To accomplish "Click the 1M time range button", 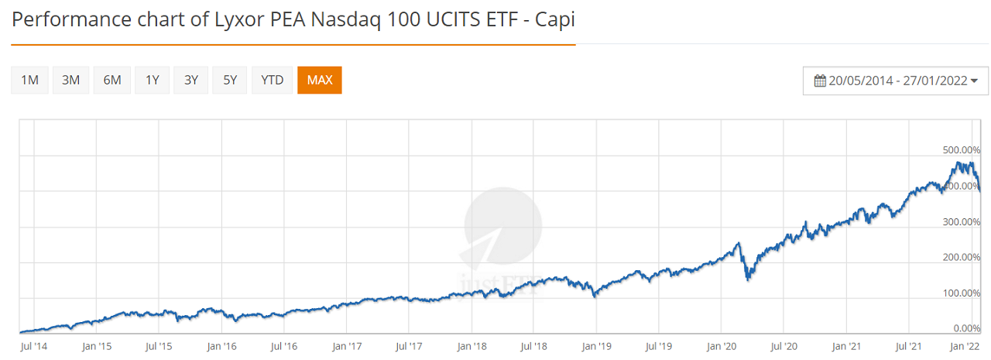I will (x=30, y=80).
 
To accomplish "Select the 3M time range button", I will (x=71, y=80).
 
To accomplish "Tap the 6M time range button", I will (x=112, y=80).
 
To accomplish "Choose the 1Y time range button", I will (x=153, y=80).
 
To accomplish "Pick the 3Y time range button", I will (x=191, y=80).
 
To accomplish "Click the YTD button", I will (x=272, y=80).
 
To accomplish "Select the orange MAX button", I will (x=319, y=80).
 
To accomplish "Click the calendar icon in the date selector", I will (x=820, y=81).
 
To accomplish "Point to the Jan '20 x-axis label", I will (x=722, y=346).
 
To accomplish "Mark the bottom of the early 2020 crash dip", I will (x=747, y=279).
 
